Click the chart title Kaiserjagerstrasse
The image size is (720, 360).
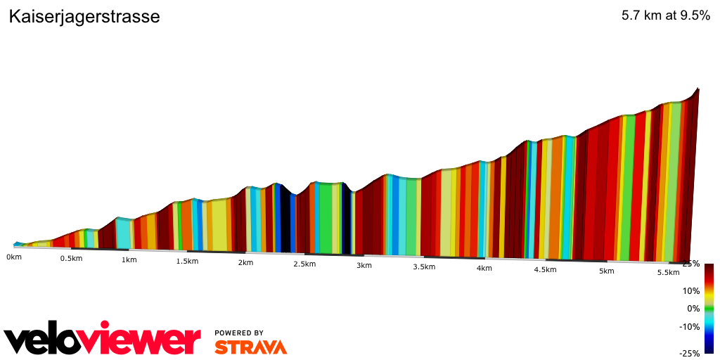84,17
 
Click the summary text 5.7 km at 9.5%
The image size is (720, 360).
665,16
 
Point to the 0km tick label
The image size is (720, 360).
14,257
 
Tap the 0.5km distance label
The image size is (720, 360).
71,258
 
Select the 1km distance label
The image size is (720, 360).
129,259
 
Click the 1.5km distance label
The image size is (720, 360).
187,262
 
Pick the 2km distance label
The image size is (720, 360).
245,263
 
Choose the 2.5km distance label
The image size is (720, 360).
304,264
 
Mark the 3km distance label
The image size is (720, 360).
364,265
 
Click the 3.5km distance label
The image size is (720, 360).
424,266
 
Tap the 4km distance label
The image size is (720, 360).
484,269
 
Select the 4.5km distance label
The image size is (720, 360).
545,270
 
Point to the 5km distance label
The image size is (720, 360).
606,271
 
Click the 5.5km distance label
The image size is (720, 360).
667,273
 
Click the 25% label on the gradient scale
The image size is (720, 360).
690,264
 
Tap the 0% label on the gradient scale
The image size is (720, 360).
693,308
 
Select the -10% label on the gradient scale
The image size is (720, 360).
690,326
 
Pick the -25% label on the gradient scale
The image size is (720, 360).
690,353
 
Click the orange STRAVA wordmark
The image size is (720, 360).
250,347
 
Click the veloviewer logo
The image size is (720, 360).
103,340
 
